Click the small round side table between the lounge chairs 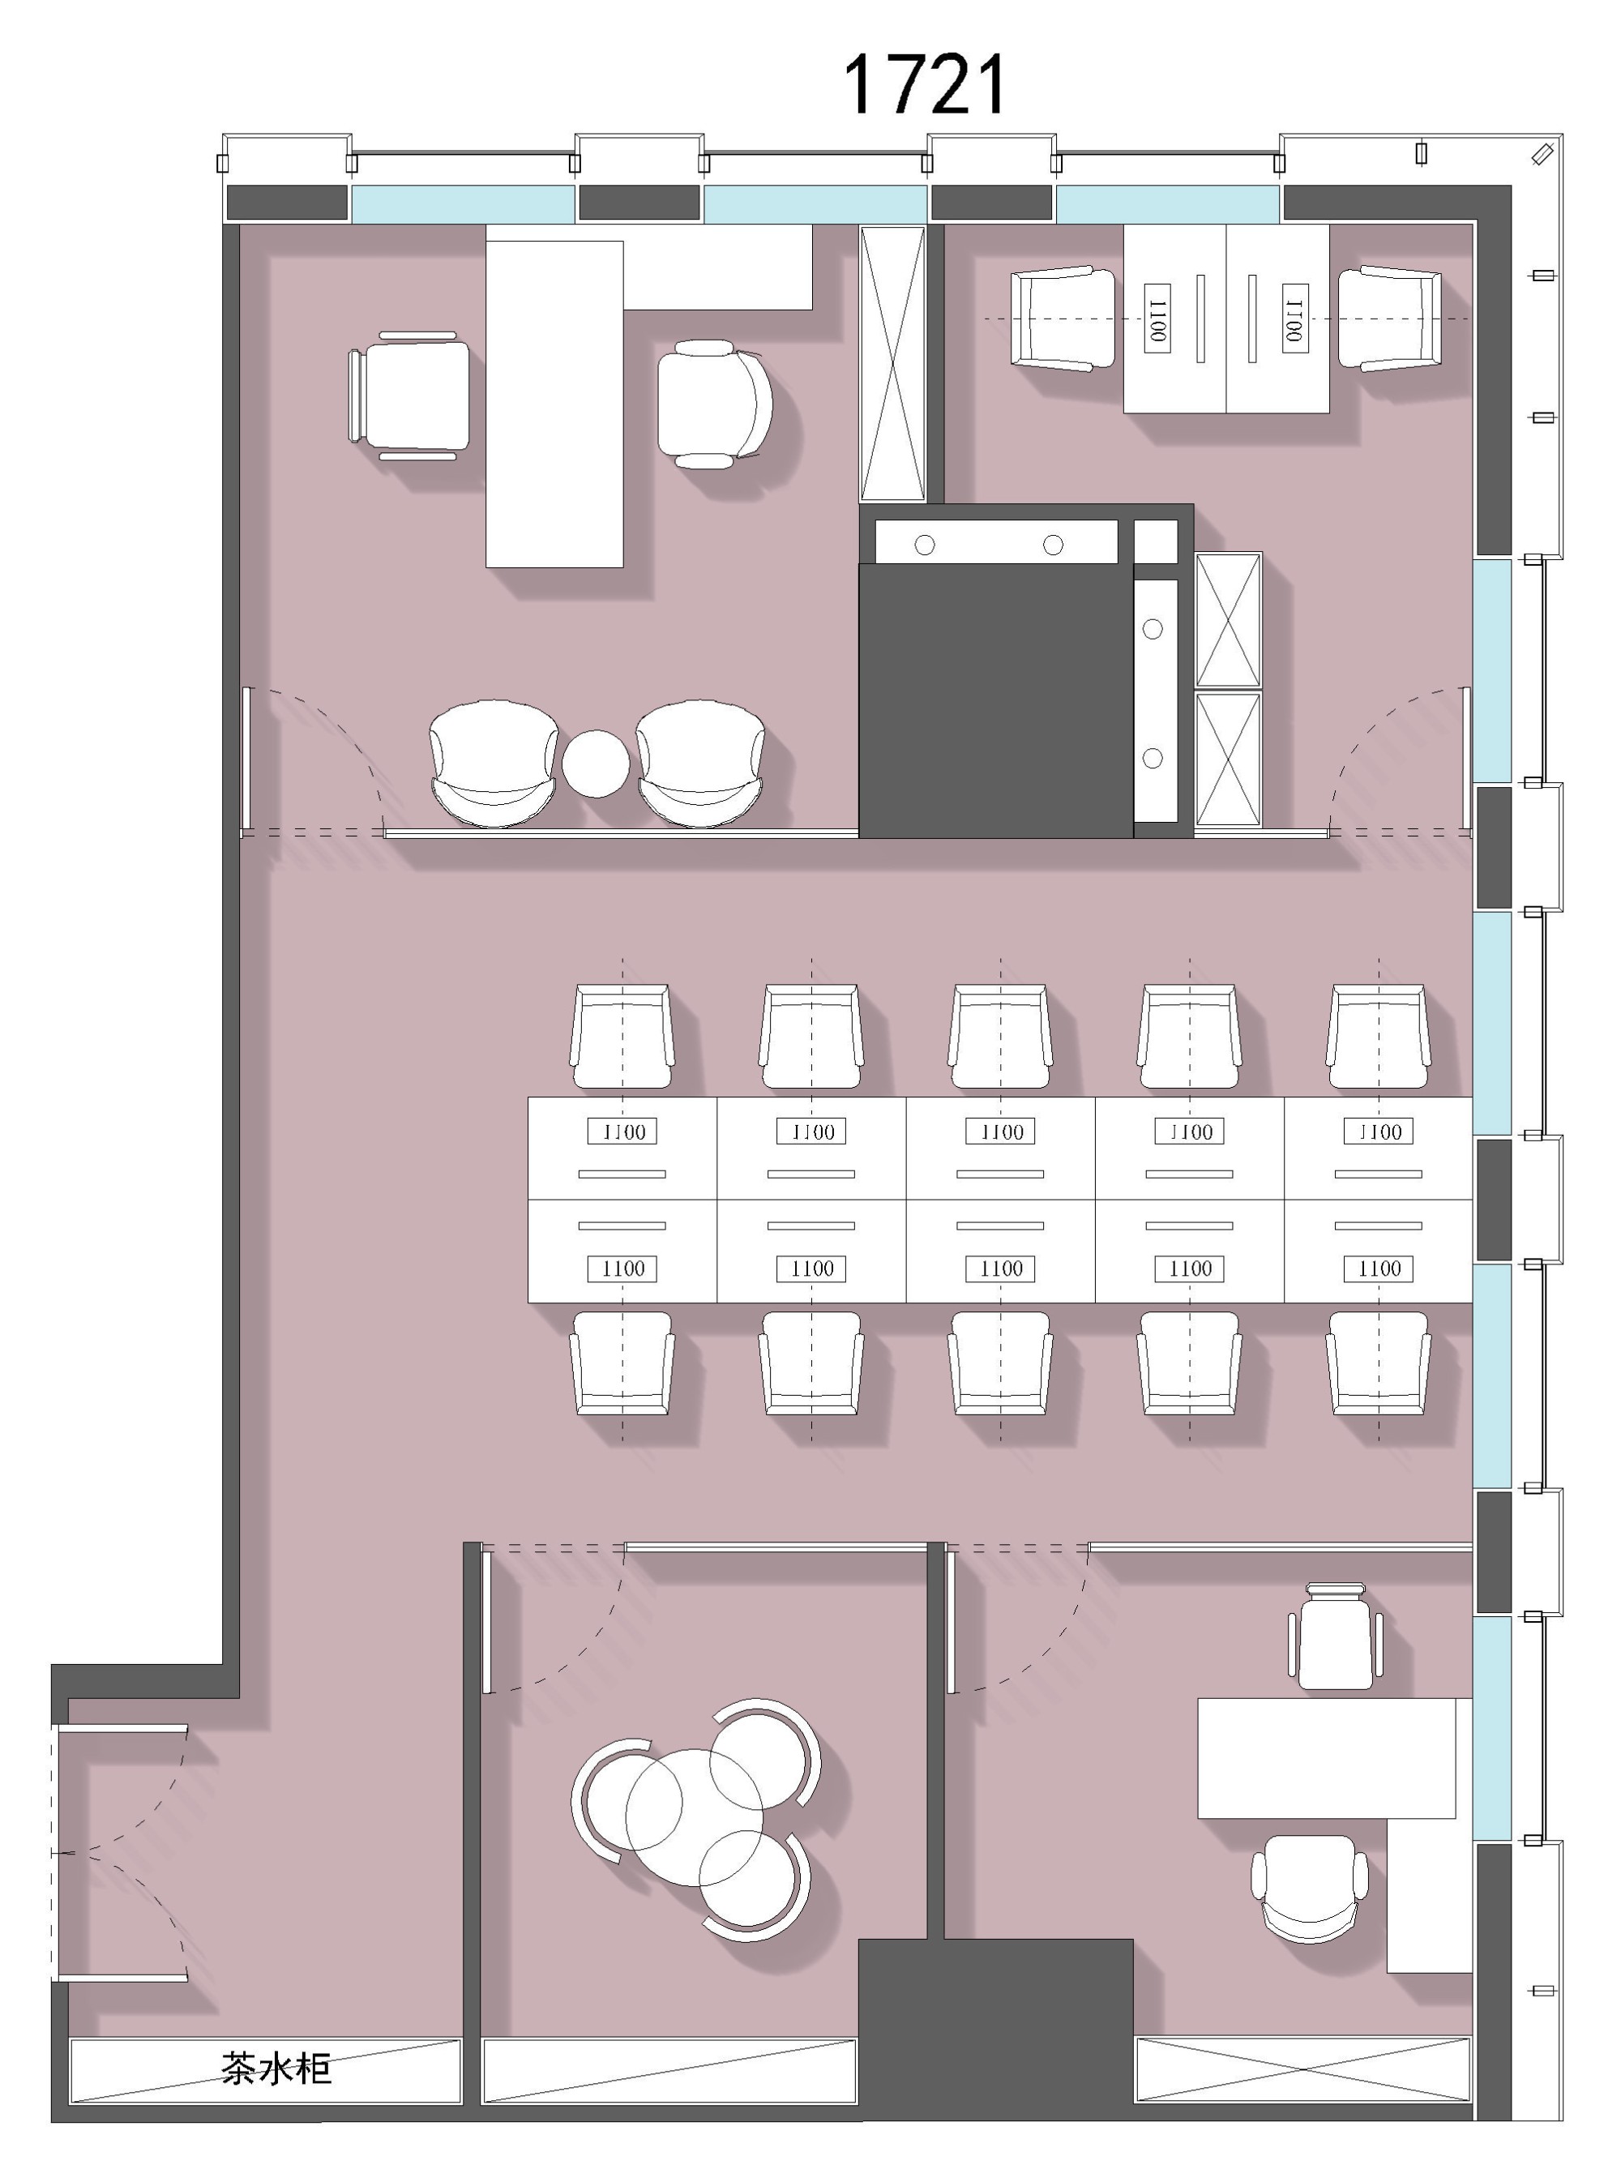(x=596, y=764)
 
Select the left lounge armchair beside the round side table (x=494, y=763)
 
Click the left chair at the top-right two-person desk (x=1063, y=318)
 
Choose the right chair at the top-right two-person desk (x=1390, y=318)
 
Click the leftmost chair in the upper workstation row (x=622, y=1036)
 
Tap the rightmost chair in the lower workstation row (x=1379, y=1363)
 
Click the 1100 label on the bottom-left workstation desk (x=622, y=1269)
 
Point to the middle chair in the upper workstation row (x=1000, y=1036)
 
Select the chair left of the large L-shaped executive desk (x=408, y=396)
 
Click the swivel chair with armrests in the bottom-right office (x=1310, y=1889)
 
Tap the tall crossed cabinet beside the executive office (x=893, y=364)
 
